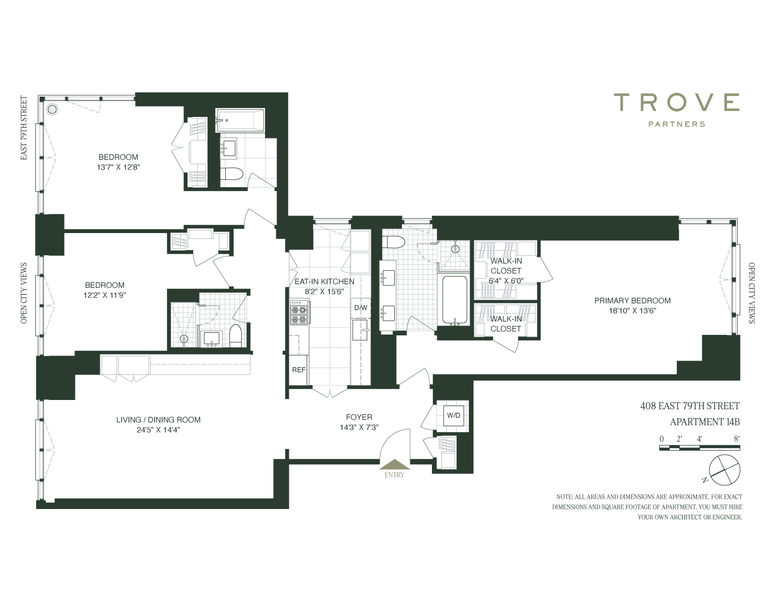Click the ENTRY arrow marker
pos(394,464)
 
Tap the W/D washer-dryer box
pos(454,415)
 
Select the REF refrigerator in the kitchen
pos(299,370)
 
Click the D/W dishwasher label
pos(361,307)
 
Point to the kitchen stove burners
pos(299,313)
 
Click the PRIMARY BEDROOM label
pos(632,301)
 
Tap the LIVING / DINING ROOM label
pos(158,420)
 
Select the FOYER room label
pos(359,417)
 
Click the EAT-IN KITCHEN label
pos(324,282)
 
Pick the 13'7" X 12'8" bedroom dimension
pos(118,167)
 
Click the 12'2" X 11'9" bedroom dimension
pos(105,295)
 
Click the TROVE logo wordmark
pos(676,102)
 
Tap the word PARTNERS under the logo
pos(676,124)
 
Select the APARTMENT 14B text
pos(705,422)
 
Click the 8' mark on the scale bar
pos(736,439)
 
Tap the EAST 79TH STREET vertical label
pos(24,128)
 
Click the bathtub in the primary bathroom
pos(455,300)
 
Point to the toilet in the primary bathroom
pos(394,243)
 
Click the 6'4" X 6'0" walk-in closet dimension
pos(506,281)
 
